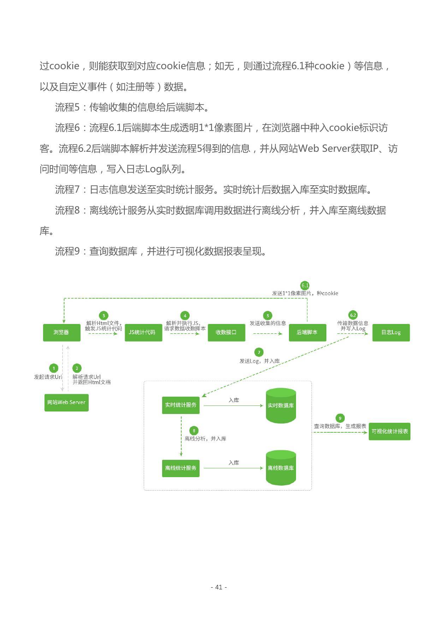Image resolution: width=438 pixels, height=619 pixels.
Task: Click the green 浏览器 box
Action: click(x=61, y=332)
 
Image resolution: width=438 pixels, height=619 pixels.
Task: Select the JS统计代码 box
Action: click(x=143, y=332)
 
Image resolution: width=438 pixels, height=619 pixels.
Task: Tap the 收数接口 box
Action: click(x=226, y=332)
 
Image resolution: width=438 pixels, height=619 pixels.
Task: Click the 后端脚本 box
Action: click(x=307, y=332)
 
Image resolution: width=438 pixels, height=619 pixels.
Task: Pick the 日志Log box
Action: click(x=391, y=332)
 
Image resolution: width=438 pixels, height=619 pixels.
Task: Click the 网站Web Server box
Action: click(x=66, y=402)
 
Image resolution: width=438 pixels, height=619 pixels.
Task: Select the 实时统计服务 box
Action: click(x=180, y=405)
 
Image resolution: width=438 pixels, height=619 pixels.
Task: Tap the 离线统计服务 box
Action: click(x=180, y=468)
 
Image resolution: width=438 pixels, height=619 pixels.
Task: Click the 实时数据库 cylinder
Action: click(x=281, y=405)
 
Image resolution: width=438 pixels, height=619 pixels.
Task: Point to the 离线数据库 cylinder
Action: click(x=281, y=468)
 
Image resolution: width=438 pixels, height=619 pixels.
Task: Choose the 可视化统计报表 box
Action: click(x=389, y=431)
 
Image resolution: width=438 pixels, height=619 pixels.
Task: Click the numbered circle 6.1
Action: click(x=305, y=286)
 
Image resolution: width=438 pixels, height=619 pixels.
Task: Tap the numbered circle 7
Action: click(x=259, y=352)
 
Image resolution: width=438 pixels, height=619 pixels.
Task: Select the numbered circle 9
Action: click(x=340, y=418)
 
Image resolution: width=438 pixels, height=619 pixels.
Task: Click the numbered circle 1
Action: click(x=54, y=368)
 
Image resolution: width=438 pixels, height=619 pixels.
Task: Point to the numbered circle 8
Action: click(x=194, y=431)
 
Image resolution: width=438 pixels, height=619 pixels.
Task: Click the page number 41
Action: click(x=219, y=587)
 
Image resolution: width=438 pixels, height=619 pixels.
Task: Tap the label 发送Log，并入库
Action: click(x=260, y=361)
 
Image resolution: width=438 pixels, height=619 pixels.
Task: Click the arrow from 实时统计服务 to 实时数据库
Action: click(x=233, y=406)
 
